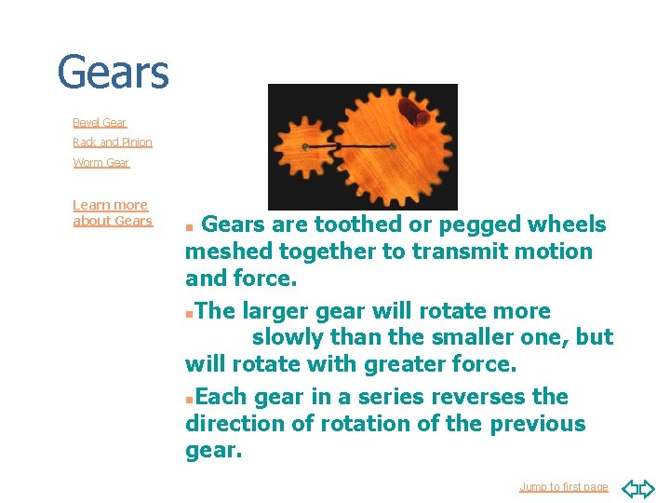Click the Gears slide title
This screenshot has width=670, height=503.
[113, 73]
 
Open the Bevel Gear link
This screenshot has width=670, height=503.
[100, 122]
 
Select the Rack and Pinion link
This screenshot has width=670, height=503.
[113, 143]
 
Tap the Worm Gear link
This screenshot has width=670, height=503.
[101, 163]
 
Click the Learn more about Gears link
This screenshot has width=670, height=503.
[112, 212]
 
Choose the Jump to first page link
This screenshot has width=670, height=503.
[563, 486]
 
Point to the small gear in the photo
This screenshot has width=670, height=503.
[305, 147]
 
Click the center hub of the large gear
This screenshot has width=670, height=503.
[393, 146]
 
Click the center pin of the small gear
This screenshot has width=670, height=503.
[305, 147]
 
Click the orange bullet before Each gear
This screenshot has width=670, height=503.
[189, 399]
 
